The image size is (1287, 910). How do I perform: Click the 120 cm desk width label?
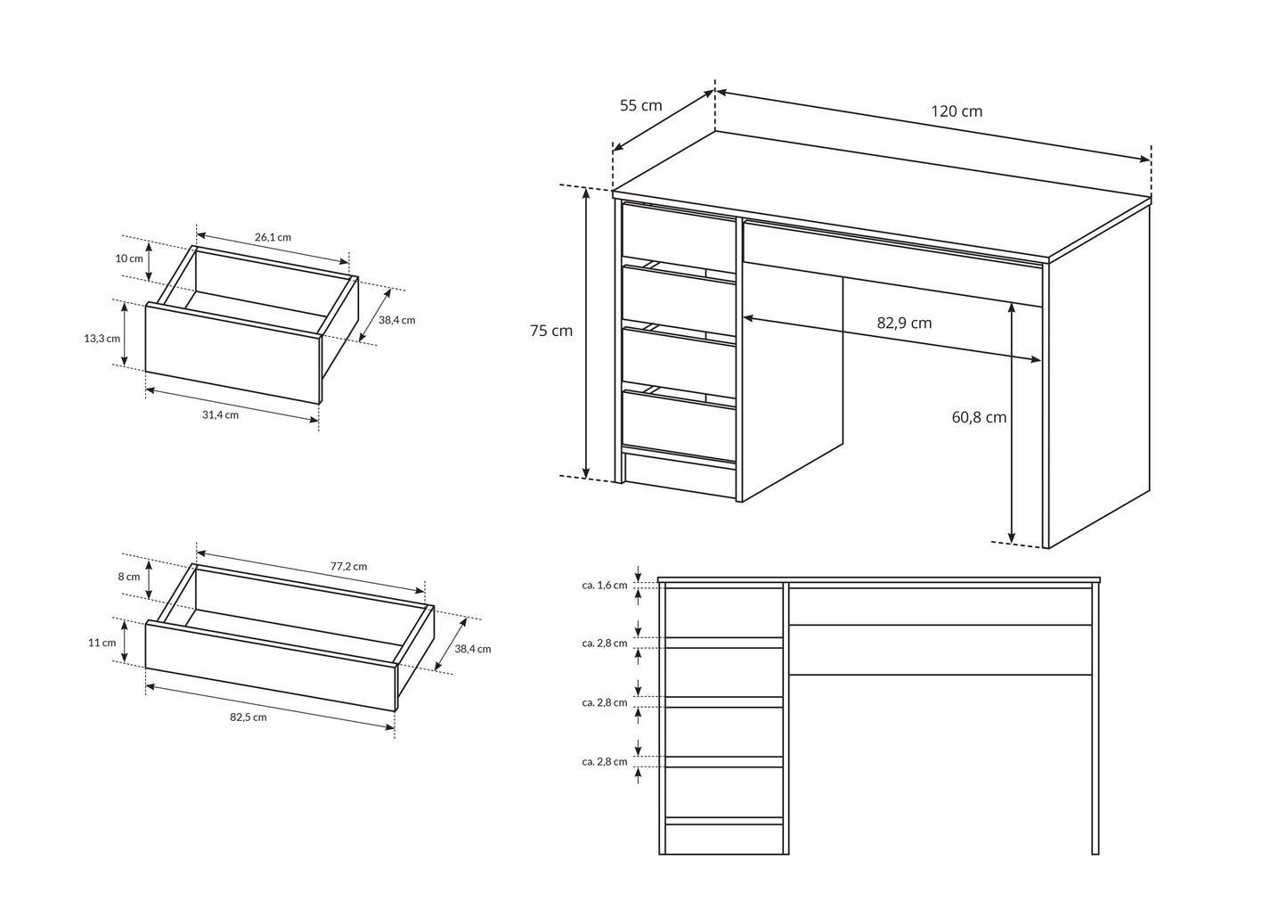click(957, 111)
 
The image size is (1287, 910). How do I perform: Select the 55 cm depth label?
click(640, 105)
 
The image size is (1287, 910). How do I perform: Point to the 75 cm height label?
click(551, 331)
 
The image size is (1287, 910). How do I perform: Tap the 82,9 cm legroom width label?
click(904, 323)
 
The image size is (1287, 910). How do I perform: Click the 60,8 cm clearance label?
click(979, 417)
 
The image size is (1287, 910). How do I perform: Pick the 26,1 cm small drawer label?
click(273, 237)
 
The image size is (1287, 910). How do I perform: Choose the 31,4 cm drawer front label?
click(220, 414)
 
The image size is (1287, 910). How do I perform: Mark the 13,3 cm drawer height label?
click(102, 338)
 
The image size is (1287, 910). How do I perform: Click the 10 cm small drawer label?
click(128, 258)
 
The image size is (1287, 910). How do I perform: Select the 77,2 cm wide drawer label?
click(348, 566)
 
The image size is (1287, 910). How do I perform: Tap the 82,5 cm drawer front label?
click(248, 717)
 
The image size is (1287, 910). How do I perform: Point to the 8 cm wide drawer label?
click(128, 577)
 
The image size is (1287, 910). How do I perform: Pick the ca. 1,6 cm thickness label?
click(604, 586)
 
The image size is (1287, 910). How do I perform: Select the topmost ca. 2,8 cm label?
click(604, 643)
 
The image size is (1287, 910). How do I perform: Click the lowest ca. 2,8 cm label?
click(604, 761)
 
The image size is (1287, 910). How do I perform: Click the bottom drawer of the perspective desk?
click(678, 427)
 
